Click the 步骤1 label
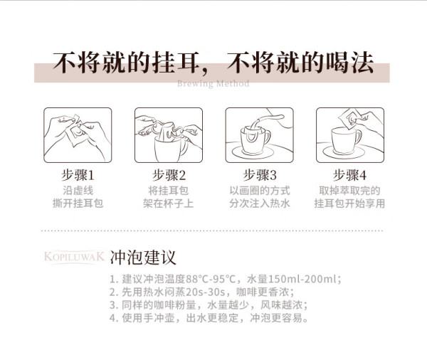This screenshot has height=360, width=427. [78, 175]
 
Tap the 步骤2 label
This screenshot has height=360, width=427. [169, 175]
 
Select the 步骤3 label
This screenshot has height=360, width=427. [260, 175]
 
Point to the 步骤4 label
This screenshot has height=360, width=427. [350, 175]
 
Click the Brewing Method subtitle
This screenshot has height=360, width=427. [213, 83]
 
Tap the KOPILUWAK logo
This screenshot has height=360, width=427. [74, 257]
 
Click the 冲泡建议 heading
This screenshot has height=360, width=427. [143, 258]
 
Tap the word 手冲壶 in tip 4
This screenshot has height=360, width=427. [159, 318]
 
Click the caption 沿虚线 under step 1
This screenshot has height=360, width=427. [78, 191]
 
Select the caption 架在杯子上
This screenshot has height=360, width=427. [169, 203]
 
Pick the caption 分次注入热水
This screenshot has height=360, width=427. [260, 203]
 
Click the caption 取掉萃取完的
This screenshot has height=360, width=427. [349, 191]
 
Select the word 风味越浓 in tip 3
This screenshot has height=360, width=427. [281, 305]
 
